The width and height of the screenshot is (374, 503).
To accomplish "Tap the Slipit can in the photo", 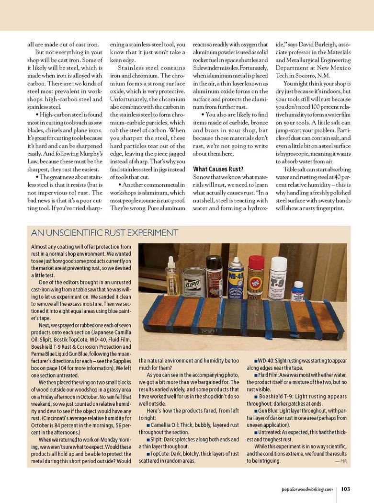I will click(x=194, y=283).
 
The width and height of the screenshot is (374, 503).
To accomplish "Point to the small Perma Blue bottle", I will click(x=297, y=291).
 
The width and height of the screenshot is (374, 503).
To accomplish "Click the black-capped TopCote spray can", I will click(x=214, y=277).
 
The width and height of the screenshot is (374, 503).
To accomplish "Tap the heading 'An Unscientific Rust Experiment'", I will click(x=104, y=233).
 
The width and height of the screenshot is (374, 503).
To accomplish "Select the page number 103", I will click(x=346, y=489).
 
